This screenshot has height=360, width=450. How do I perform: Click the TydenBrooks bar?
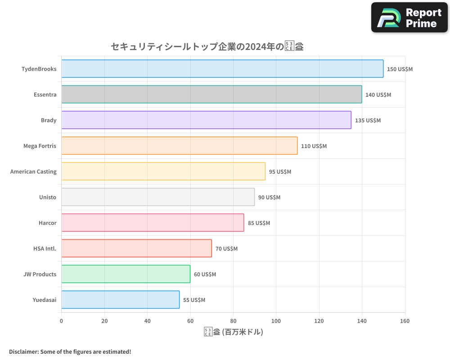coord(222,69)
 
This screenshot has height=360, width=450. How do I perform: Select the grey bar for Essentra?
coord(211,94)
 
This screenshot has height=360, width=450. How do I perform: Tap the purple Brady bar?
coord(206,120)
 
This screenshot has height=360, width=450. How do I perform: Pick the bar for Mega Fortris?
coord(179,146)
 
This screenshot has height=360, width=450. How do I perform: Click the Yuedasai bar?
coord(120,300)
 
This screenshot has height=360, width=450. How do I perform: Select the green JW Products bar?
coord(126,274)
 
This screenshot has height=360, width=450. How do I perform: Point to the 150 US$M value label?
coord(400,69)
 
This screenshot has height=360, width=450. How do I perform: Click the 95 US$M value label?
coord(280,172)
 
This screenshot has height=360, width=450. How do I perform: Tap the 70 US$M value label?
coord(226,249)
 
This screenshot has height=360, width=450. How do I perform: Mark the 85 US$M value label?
coord(259,223)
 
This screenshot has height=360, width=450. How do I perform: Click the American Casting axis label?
coord(33,171)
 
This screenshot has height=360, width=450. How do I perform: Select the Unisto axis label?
coord(48,197)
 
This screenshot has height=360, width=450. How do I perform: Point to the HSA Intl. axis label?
coord(45,248)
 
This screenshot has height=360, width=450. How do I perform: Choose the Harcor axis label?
coord(47,223)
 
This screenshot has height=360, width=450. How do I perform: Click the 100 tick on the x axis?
coord(276,321)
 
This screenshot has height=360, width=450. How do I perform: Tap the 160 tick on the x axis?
coord(405,321)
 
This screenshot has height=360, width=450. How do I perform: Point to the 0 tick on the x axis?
coord(62,321)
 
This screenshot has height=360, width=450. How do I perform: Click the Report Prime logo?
coord(409,18)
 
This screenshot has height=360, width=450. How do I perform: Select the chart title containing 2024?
coord(207,46)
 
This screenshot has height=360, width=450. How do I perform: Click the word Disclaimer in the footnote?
coord(23,351)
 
